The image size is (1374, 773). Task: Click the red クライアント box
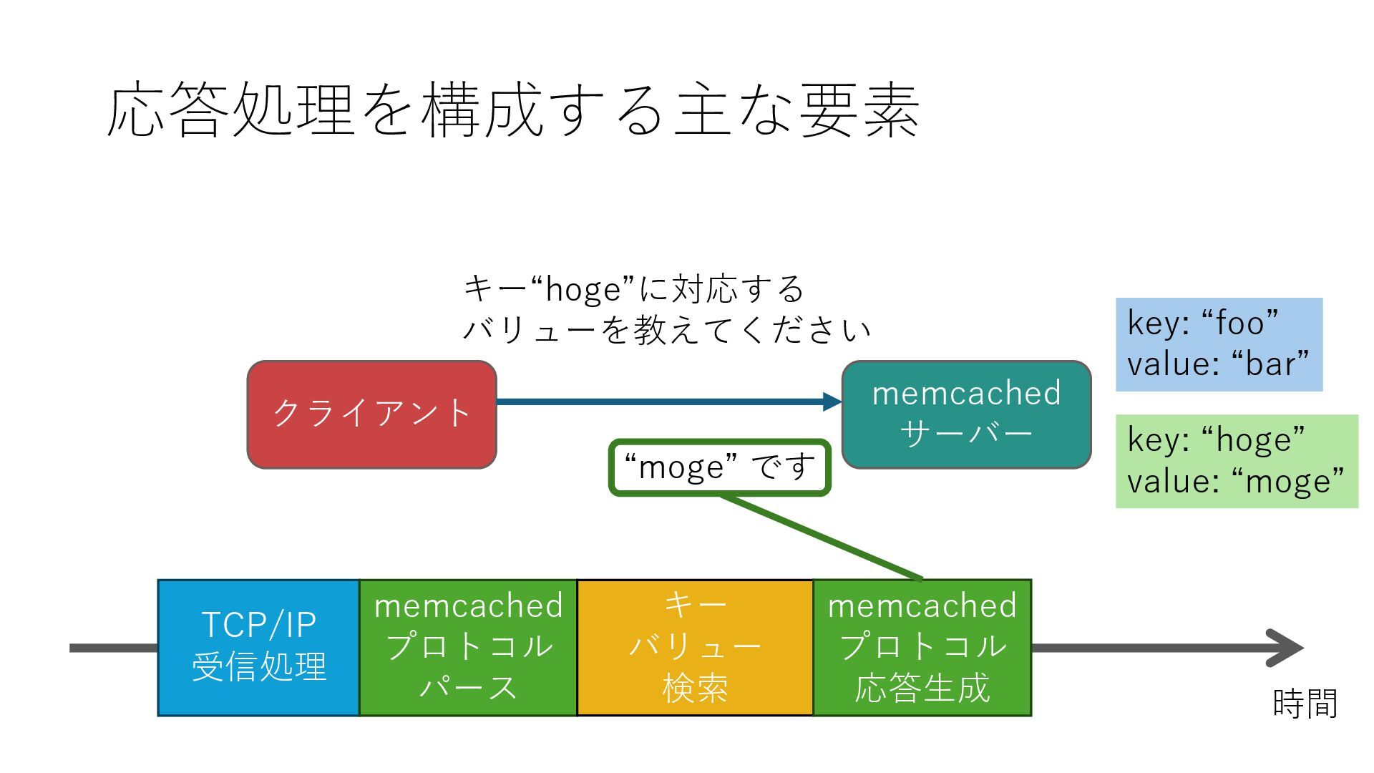pos(371,414)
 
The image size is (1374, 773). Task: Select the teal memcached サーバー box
pos(966,414)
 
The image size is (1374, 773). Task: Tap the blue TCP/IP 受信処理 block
pos(258,648)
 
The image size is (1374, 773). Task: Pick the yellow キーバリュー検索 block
pos(695,648)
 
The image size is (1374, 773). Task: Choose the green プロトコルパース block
pos(468,648)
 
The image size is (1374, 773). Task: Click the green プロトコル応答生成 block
pos(922,648)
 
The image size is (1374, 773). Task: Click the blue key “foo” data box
pos(1219,344)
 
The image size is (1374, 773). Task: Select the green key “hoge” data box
pos(1237,461)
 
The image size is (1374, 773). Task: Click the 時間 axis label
pos(1305,704)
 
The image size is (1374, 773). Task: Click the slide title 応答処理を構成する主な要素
pos(512,111)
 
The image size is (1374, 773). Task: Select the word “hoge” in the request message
pos(583,290)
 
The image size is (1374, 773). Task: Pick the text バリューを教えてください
pos(666,330)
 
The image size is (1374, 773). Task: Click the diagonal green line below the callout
pos(822,537)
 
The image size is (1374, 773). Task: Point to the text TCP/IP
pos(258,625)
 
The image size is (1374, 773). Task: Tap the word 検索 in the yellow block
pos(695,689)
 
